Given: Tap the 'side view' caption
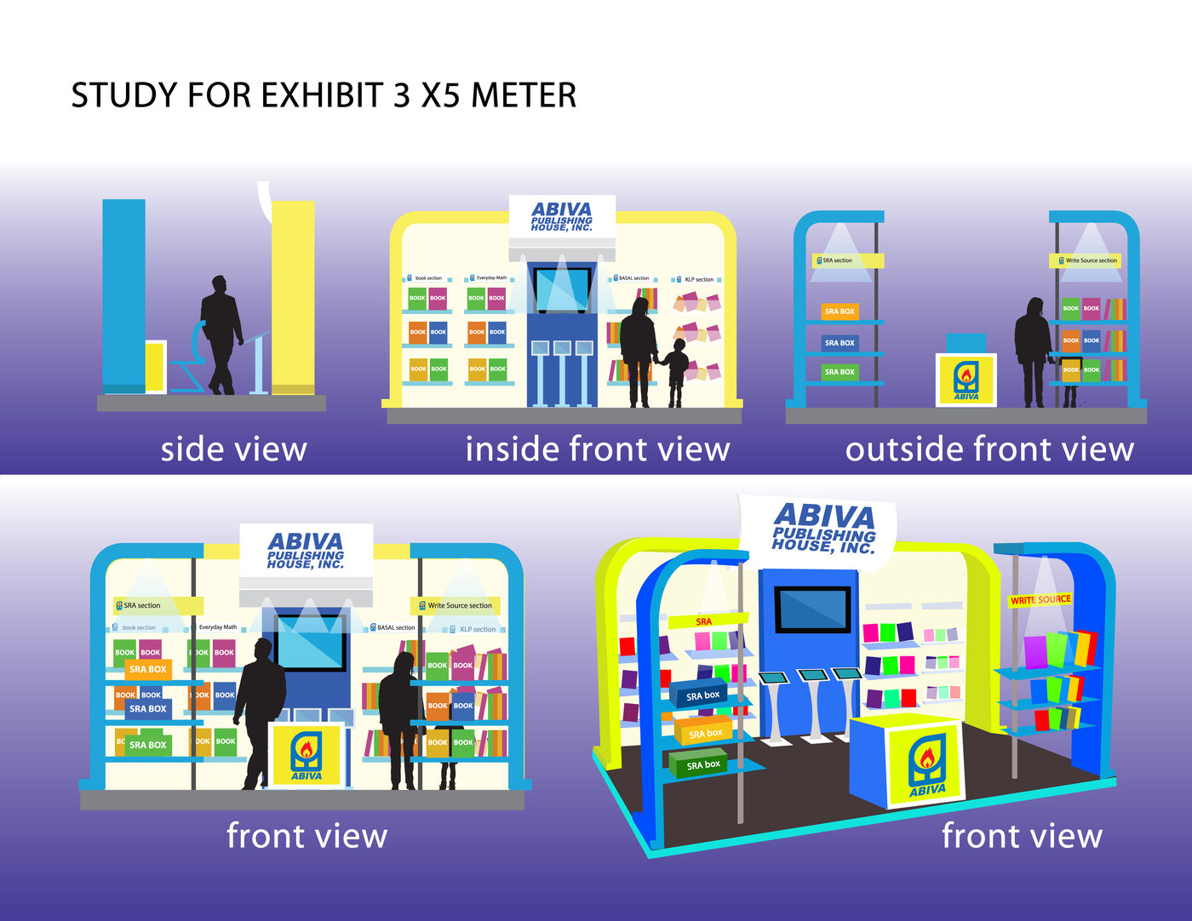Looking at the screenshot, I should tap(233, 449).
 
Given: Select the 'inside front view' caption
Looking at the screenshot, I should tap(597, 449).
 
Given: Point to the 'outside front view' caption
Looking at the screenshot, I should tap(989, 449).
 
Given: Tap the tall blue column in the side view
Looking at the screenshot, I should tap(123, 294).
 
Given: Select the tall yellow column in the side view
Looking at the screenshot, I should tap(294, 294).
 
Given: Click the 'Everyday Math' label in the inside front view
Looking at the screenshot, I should tap(490, 278).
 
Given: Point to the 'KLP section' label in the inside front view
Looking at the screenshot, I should tap(698, 279).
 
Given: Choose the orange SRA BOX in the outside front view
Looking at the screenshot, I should tap(840, 312).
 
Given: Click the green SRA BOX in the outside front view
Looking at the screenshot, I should tap(840, 372).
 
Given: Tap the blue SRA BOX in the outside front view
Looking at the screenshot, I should tap(840, 343).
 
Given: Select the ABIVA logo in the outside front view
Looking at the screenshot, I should tap(966, 380).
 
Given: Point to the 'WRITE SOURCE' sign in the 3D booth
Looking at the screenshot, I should tap(1040, 600).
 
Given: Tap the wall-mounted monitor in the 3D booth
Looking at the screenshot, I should tap(811, 609).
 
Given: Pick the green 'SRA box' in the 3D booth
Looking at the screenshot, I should tap(701, 764).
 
